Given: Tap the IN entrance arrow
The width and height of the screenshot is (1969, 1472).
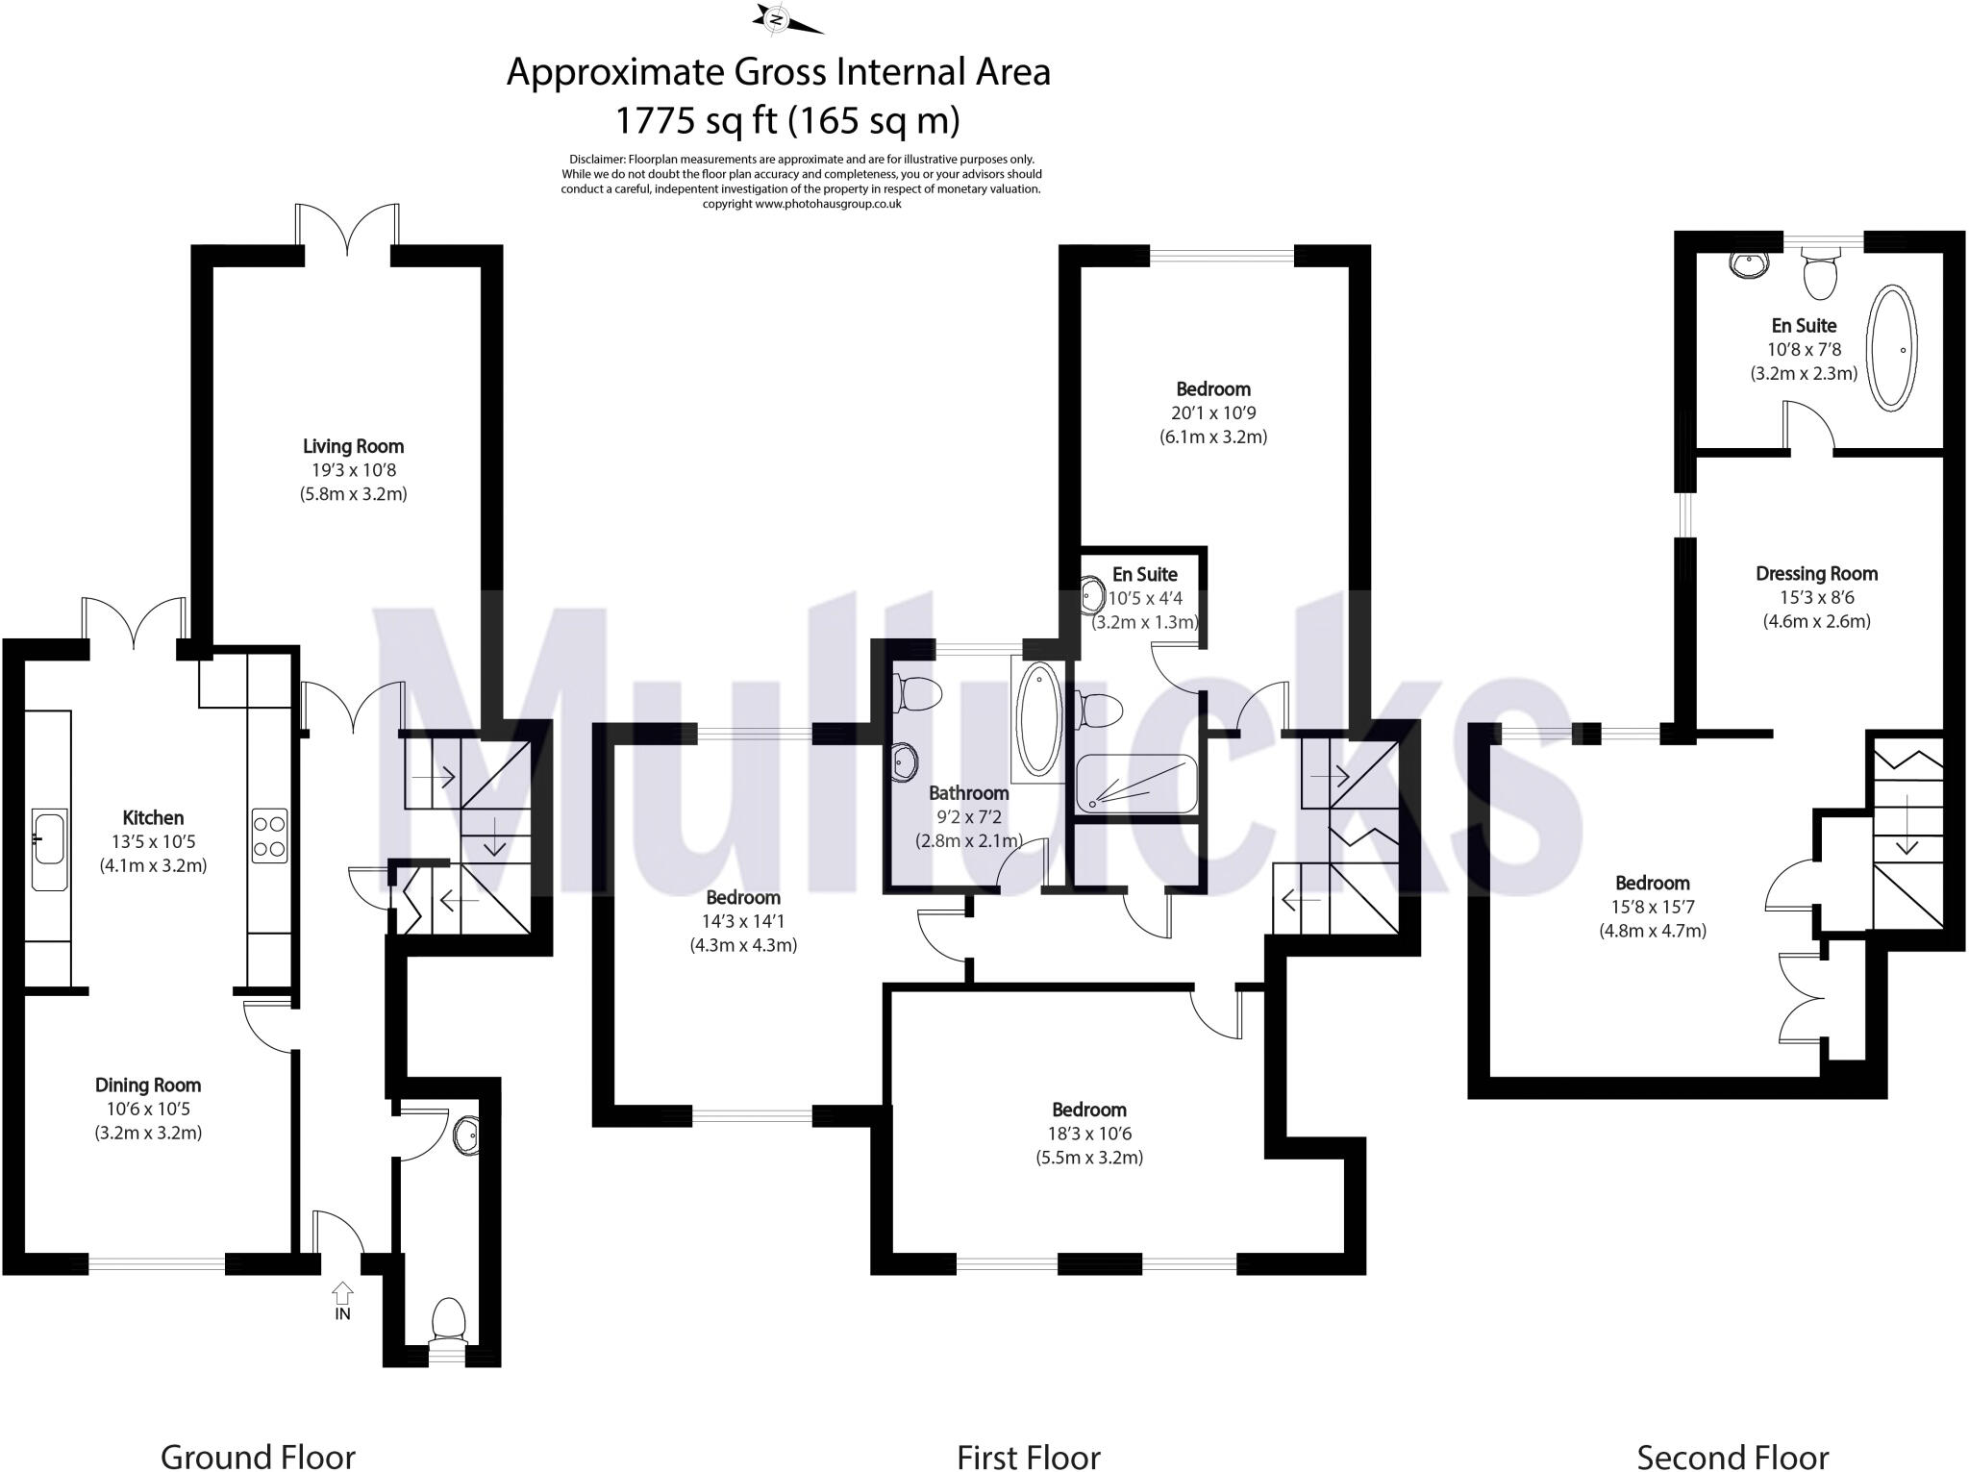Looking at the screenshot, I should (343, 1292).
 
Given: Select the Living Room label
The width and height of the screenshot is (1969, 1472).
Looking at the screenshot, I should (353, 446).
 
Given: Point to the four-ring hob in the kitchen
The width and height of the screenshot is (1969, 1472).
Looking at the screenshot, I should (269, 836).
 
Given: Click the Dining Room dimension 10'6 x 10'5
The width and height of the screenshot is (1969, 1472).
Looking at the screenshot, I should (148, 1109).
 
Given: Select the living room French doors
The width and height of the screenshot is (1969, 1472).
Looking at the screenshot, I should (347, 231).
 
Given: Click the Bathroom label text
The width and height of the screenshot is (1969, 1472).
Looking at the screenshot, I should (968, 793).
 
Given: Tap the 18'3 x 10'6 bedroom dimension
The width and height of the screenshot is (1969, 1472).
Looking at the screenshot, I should (1088, 1134).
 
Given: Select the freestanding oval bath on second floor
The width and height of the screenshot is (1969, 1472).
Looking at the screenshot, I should (1891, 348).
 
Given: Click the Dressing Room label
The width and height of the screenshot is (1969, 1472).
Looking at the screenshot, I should (1816, 574).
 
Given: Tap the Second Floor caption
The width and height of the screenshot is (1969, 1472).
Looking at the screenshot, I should (1732, 1457).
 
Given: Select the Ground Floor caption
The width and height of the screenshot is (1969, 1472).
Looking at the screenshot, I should (258, 1457).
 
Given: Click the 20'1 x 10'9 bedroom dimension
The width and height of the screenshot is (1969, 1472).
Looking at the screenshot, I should (1213, 412).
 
